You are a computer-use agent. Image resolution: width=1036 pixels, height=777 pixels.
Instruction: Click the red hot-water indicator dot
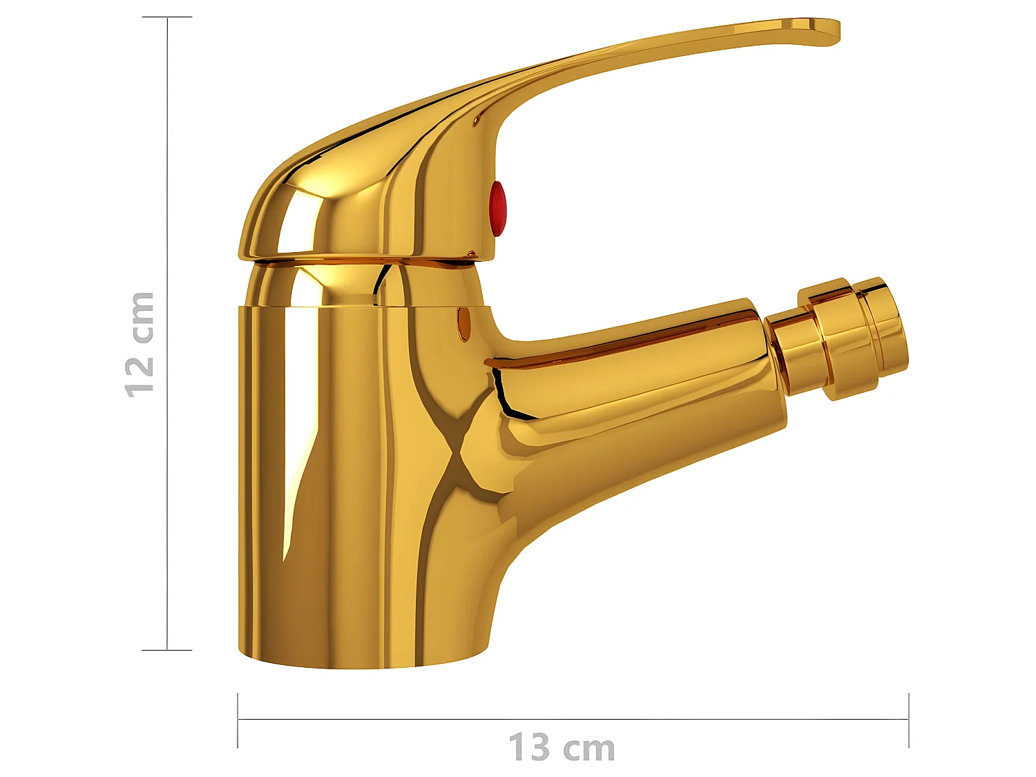(x=497, y=208)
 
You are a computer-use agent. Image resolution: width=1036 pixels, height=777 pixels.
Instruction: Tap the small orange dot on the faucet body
(x=464, y=323)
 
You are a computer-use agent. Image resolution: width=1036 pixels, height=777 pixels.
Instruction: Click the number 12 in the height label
(x=140, y=376)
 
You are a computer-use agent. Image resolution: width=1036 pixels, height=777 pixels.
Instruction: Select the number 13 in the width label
(x=529, y=748)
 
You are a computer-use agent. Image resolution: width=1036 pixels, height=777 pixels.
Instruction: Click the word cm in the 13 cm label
(x=588, y=749)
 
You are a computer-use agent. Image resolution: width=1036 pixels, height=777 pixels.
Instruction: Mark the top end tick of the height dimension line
(x=167, y=17)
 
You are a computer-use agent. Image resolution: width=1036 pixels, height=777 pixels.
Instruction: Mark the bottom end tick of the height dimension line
(x=167, y=650)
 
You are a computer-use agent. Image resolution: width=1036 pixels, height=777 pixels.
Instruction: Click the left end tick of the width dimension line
(x=238, y=720)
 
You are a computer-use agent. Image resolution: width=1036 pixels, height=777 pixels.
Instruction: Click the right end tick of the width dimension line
(x=909, y=720)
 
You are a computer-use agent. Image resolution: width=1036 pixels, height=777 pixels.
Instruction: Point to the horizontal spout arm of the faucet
(x=635, y=380)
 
